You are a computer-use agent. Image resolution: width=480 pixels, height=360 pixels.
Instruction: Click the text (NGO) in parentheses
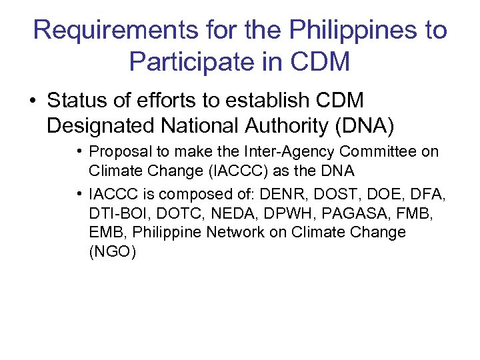pyautogui.click(x=112, y=252)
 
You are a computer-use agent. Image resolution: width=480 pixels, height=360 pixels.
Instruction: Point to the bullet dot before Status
pyautogui.click(x=31, y=101)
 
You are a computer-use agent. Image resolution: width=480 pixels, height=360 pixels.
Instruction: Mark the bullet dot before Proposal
pyautogui.click(x=79, y=151)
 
